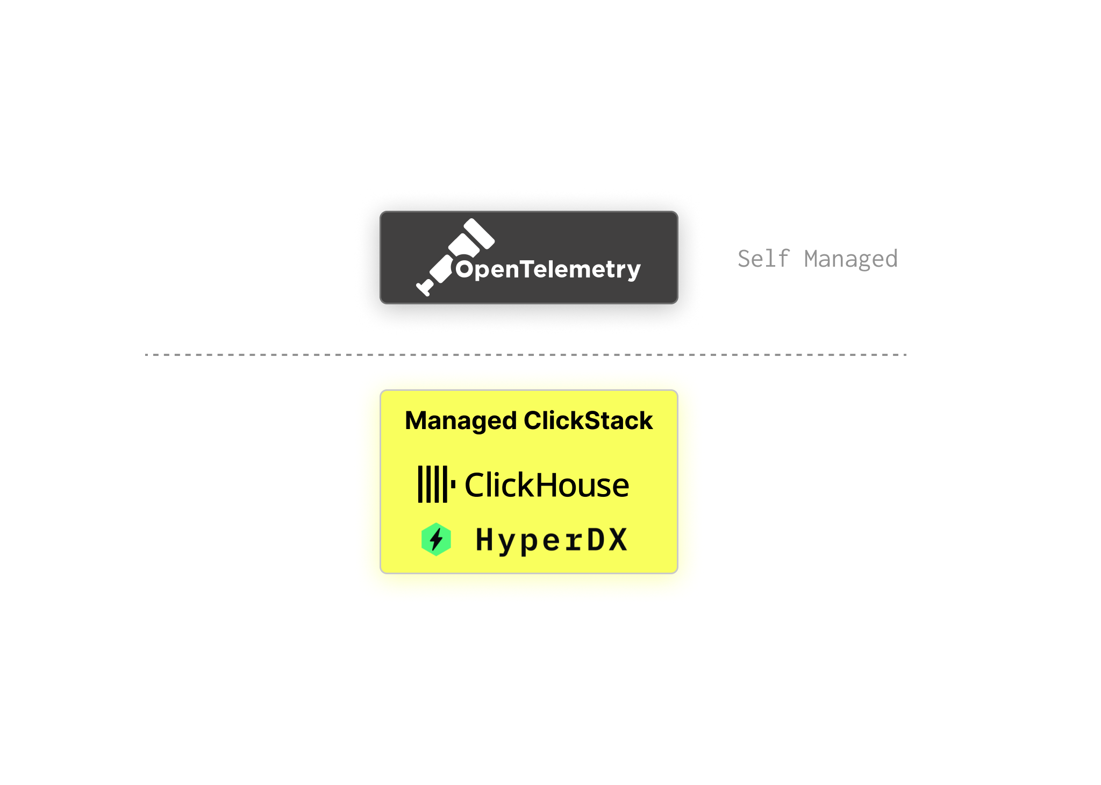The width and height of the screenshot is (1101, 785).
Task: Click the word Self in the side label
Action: [x=763, y=259]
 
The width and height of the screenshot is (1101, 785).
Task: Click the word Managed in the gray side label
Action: [x=850, y=259]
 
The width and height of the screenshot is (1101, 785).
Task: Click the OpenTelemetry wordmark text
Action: [x=548, y=269]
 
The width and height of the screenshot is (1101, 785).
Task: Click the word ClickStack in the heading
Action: [x=588, y=420]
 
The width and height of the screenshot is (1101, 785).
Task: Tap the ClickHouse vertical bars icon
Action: [x=433, y=484]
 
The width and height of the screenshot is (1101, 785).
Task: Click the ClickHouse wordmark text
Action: [x=546, y=485]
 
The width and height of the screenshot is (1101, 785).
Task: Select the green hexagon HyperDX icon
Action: [x=436, y=539]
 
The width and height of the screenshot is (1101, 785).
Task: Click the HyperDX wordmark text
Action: [x=552, y=540]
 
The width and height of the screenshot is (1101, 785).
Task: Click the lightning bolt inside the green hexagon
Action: [x=437, y=539]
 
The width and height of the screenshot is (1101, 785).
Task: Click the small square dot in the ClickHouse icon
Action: [x=453, y=484]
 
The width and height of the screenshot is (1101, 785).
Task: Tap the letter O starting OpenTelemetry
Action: [x=464, y=269]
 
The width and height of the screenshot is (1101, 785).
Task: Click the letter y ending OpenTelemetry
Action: [x=633, y=272]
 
